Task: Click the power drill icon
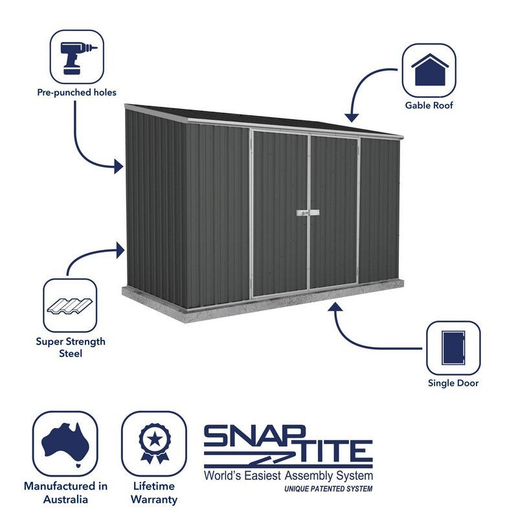[78, 58]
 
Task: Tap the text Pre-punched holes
[76, 93]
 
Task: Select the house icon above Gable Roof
[429, 70]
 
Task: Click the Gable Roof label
[429, 106]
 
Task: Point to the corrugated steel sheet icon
[70, 306]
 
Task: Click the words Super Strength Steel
[71, 348]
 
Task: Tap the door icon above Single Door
[453, 348]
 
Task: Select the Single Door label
[453, 383]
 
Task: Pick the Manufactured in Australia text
[66, 493]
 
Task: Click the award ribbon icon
[155, 444]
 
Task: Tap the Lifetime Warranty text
[154, 493]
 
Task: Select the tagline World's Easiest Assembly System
[288, 476]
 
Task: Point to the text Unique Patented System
[328, 489]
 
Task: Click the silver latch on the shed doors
[308, 213]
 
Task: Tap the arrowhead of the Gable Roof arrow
[352, 118]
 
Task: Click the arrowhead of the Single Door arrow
[335, 306]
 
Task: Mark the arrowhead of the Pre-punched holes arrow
[118, 166]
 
